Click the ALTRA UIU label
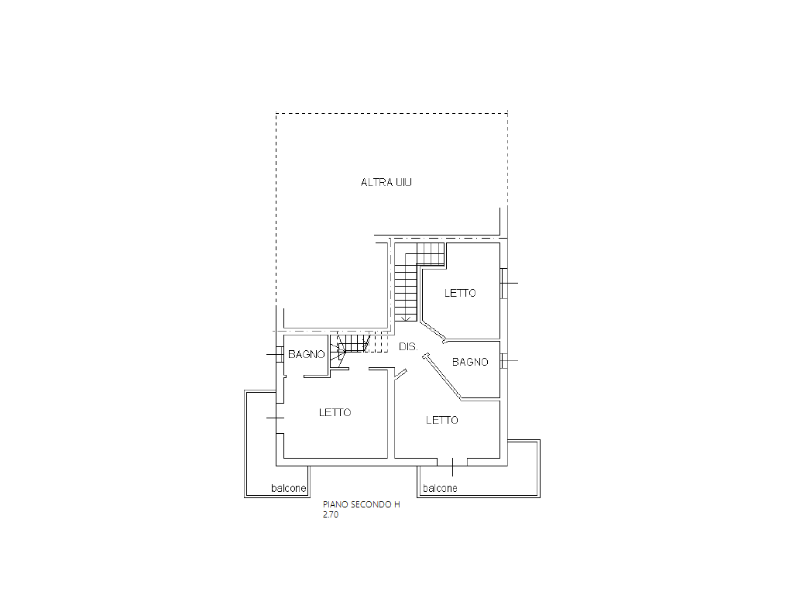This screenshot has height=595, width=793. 386,183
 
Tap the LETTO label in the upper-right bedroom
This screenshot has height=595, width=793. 460,293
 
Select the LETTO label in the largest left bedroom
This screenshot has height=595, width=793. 335,412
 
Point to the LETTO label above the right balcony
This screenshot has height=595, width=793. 442,420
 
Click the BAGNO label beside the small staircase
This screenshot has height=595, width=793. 306,355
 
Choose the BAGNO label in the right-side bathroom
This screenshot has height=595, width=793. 470,362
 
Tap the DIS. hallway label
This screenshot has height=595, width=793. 408,347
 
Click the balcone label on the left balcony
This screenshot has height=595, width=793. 288,489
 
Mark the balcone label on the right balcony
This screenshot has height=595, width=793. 439,489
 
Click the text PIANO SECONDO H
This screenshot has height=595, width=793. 362,504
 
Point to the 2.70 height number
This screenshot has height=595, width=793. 331,514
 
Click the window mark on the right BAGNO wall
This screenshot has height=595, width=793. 504,361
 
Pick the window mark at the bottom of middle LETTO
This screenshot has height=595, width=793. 453,464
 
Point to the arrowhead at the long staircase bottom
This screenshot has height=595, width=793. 406,318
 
